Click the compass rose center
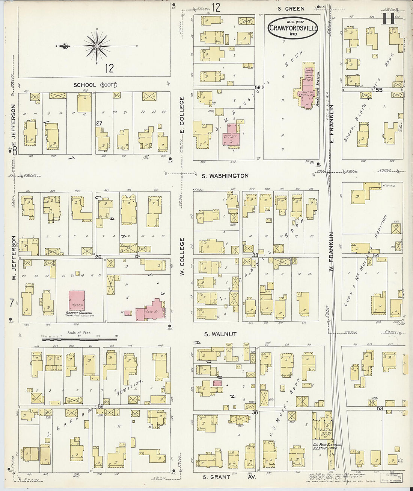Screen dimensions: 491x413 click(97, 46)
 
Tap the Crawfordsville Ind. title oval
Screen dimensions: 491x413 click(293, 28)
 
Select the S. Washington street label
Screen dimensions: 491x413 click(225, 176)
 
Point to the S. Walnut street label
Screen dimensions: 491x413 click(220, 334)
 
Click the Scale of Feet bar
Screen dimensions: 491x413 click(79, 339)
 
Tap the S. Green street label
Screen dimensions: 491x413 click(291, 9)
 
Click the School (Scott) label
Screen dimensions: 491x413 click(95, 85)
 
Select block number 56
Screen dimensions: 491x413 click(257, 87)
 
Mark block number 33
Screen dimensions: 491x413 click(255, 255)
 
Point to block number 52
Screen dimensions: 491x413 click(100, 406)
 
